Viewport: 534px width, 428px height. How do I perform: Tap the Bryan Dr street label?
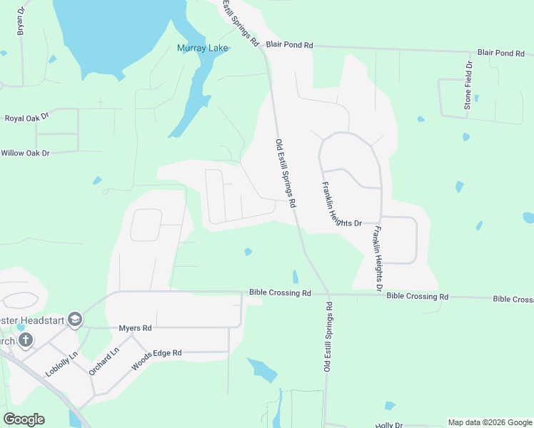(x=21, y=22)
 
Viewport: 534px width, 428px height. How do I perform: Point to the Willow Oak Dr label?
(x=25, y=153)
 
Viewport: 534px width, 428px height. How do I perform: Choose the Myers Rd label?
(x=136, y=328)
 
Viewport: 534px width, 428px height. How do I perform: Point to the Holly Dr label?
(x=390, y=424)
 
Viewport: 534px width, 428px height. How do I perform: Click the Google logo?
(x=24, y=419)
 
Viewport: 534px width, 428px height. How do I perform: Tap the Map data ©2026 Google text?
(x=489, y=422)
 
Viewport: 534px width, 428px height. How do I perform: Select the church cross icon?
(x=26, y=340)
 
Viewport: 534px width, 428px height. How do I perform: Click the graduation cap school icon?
(x=75, y=320)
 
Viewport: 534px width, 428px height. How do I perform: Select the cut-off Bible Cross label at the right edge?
(x=513, y=298)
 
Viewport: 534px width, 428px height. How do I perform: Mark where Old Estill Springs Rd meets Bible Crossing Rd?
(x=328, y=294)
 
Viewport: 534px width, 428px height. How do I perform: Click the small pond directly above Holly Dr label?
(x=390, y=406)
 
